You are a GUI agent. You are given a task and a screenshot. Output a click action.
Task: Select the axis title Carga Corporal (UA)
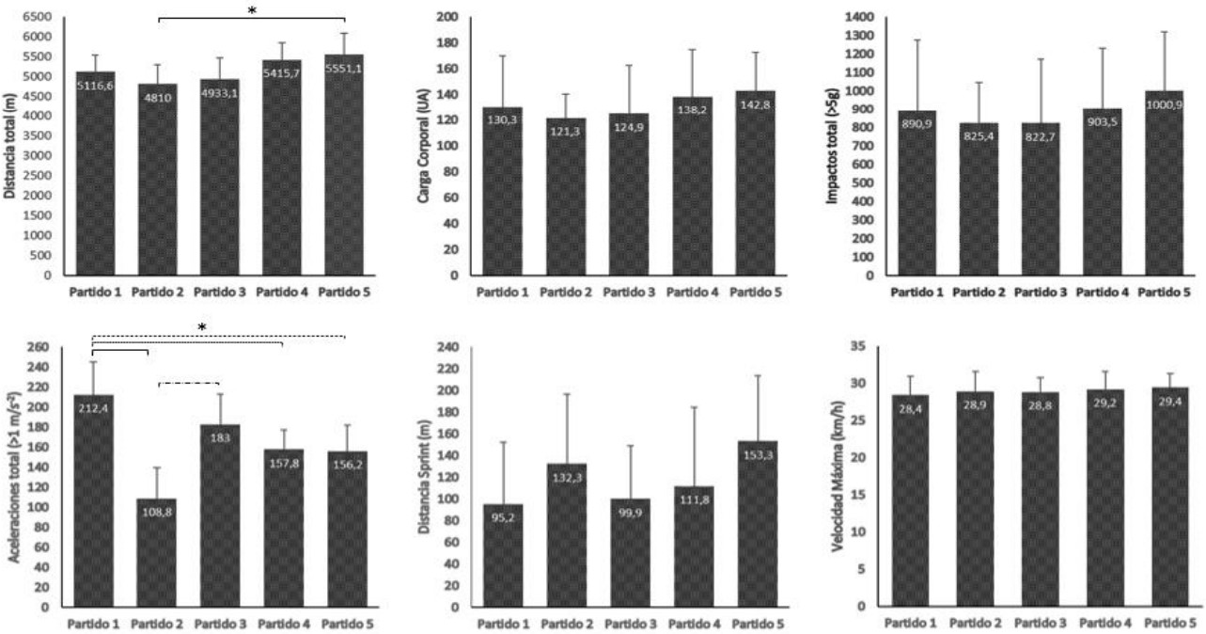(427, 146)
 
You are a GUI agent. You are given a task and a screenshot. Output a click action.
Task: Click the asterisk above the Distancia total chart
(252, 10)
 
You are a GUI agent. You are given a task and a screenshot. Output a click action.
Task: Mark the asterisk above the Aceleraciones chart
(202, 327)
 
